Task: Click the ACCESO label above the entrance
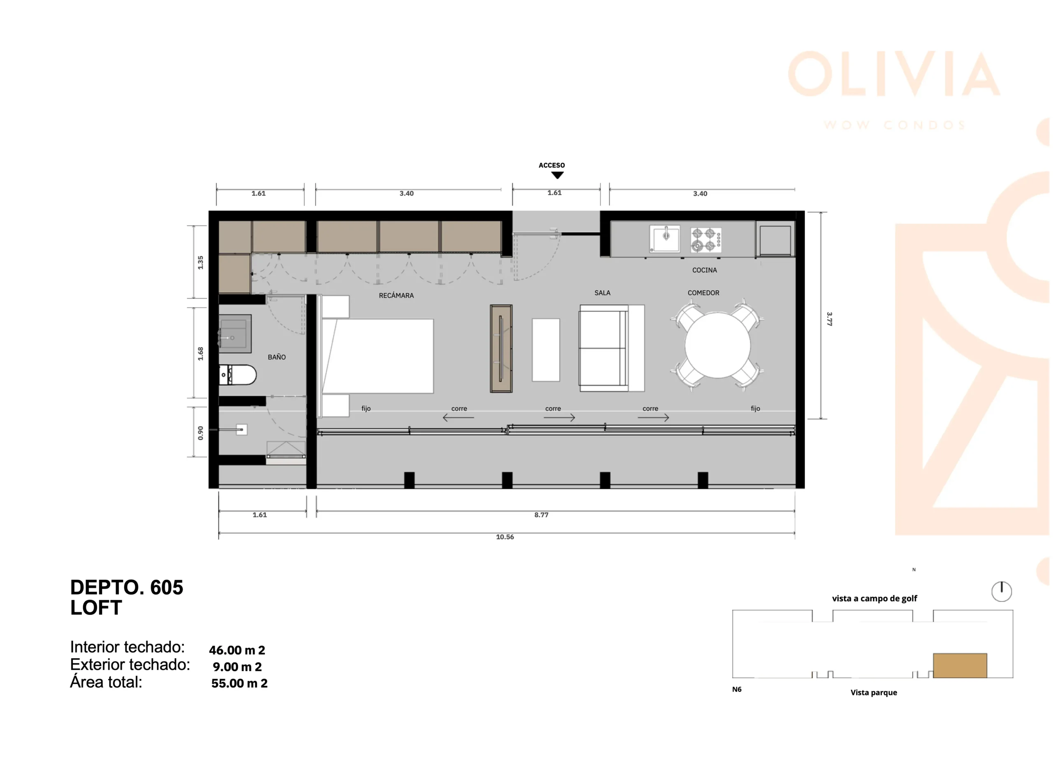pos(552,165)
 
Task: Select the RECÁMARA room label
pos(396,295)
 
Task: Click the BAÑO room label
pos(277,357)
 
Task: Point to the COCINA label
pos(704,270)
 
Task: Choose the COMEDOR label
pos(703,293)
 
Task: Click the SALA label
pos(602,293)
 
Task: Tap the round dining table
pos(717,345)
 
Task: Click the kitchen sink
pos(665,238)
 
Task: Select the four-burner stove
pos(706,239)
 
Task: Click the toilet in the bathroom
pos(238,375)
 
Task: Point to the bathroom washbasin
pos(235,334)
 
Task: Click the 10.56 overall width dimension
pos(505,537)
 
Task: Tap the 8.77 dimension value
pos(541,515)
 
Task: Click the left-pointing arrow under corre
pos(458,418)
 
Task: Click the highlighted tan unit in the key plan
pos(960,666)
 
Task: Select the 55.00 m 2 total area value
pos(239,683)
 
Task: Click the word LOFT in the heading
pos(96,608)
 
